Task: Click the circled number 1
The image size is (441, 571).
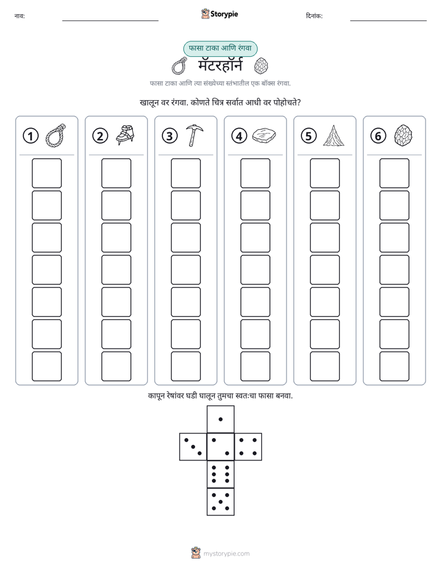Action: click(x=30, y=136)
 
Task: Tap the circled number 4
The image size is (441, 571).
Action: click(x=239, y=136)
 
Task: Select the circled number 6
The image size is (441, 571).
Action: click(x=378, y=136)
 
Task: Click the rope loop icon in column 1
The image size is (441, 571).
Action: click(x=56, y=135)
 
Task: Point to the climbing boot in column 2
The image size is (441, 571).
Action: click(x=125, y=135)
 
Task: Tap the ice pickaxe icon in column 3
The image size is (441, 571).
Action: click(x=195, y=135)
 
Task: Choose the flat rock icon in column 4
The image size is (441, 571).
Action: click(x=264, y=135)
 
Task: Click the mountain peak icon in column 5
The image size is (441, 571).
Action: click(x=334, y=135)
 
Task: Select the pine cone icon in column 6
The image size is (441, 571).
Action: click(x=403, y=135)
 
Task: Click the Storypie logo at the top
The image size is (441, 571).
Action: click(x=219, y=14)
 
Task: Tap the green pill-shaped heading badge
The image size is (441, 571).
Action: click(x=220, y=49)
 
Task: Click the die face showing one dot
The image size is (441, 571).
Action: click(x=220, y=419)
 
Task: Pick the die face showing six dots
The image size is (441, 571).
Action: click(x=220, y=474)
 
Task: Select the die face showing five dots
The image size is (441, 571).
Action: click(x=220, y=502)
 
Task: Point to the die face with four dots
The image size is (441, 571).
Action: click(x=248, y=447)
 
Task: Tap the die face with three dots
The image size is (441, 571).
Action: click(x=193, y=447)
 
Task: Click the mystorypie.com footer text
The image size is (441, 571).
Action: click(x=226, y=554)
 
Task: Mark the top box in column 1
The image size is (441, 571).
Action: click(x=46, y=173)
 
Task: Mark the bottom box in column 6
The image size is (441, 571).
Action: click(x=394, y=366)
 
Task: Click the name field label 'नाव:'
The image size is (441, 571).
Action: click(x=20, y=16)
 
